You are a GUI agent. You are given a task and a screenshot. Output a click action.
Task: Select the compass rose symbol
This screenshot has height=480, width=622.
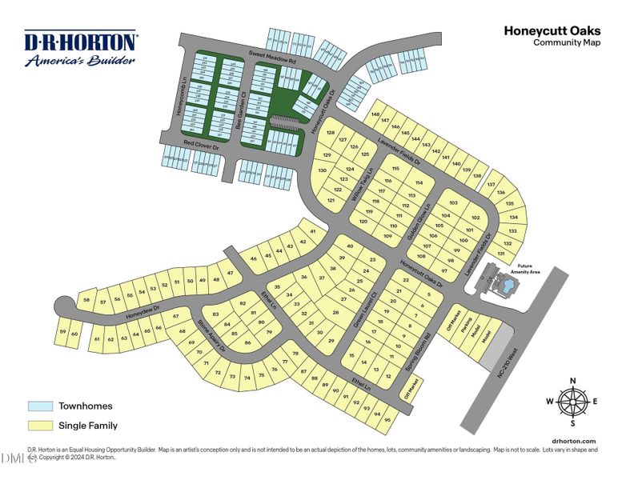coord(572,402)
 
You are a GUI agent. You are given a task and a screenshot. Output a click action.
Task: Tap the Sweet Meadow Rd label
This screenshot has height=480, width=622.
coord(272,56)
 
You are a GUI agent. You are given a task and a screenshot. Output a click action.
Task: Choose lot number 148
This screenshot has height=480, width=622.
coord(375,115)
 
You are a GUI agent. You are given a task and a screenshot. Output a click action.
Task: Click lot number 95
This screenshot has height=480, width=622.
coord(388,419)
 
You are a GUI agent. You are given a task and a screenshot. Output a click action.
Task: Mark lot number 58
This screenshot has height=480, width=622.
coord(86,300)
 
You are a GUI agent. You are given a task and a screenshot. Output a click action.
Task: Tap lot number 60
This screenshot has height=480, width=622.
coord(74,334)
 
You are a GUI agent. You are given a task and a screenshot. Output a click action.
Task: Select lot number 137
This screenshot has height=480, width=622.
coord(491,184)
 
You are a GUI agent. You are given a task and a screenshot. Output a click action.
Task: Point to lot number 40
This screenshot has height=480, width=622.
coord(350,246)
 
